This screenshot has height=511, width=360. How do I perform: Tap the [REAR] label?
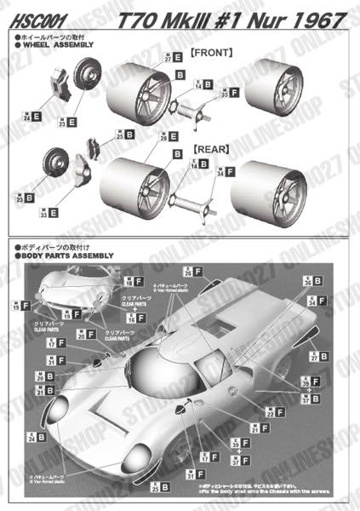[x=211, y=148]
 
